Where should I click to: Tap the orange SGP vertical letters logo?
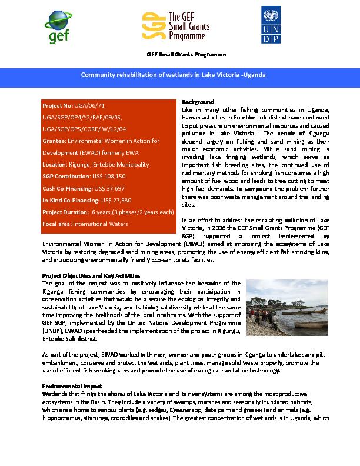point(149,27)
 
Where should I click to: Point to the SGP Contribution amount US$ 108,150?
point(109,177)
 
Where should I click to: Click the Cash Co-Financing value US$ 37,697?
point(112,188)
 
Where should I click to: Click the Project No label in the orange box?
point(57,106)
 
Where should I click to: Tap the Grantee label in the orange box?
point(54,141)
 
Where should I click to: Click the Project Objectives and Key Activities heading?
point(91,275)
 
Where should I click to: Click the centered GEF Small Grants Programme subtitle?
point(185,55)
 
